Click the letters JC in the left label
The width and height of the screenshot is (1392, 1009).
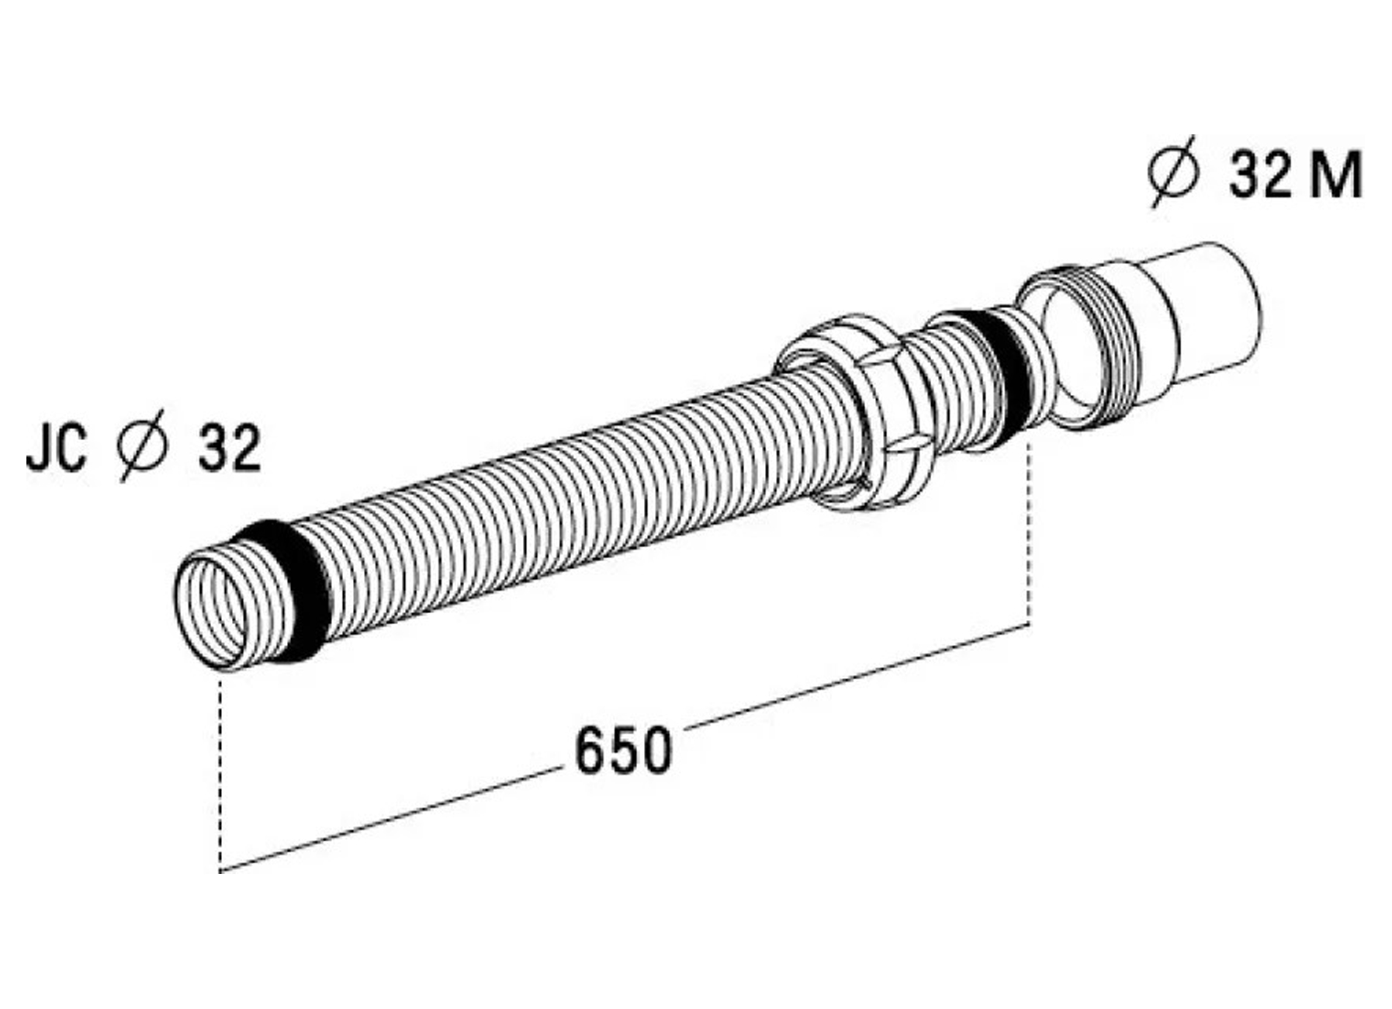56,449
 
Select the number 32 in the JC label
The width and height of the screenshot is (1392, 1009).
230,449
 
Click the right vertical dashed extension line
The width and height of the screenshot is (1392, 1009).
1029,536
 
